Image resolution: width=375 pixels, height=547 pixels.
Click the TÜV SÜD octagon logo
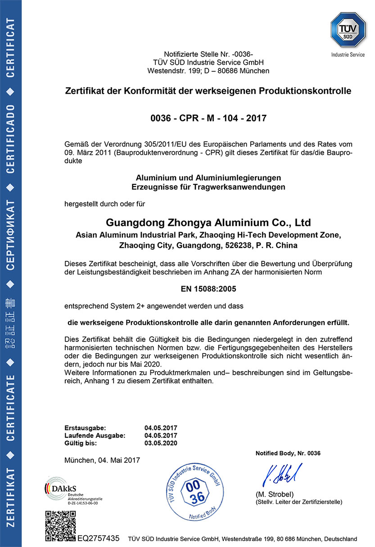point(347,30)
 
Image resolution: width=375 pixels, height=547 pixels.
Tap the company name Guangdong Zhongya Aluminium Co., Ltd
point(208,222)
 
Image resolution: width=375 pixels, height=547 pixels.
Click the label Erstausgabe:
point(85,428)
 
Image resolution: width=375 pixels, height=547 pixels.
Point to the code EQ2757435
point(98,538)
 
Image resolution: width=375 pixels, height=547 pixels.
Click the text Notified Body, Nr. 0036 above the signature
point(288,453)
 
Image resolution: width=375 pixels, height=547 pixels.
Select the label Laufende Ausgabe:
point(95,435)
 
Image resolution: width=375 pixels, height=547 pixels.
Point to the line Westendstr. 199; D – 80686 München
point(208,71)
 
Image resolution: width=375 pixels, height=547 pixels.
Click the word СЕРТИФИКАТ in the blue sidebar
point(11,232)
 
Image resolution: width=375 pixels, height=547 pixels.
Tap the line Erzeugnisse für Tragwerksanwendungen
point(208,187)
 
